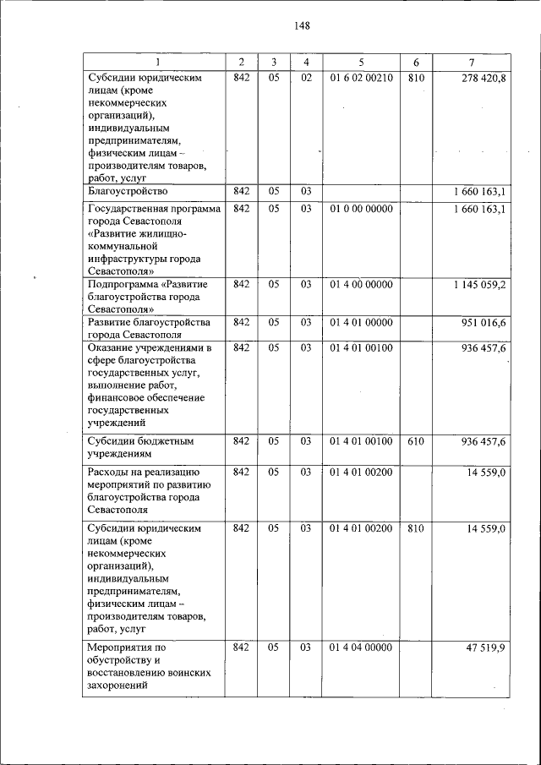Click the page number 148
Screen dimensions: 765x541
click(x=303, y=25)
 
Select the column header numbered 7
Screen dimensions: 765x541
click(x=471, y=63)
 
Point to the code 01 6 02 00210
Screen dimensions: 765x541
click(x=361, y=79)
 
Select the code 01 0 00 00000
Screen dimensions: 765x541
click(x=361, y=208)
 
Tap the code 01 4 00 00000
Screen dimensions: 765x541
click(x=361, y=285)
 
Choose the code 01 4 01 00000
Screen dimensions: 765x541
click(x=361, y=323)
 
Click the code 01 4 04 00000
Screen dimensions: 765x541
click(x=361, y=648)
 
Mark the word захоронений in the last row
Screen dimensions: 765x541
click(x=118, y=686)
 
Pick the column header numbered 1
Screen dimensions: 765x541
click(x=155, y=63)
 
